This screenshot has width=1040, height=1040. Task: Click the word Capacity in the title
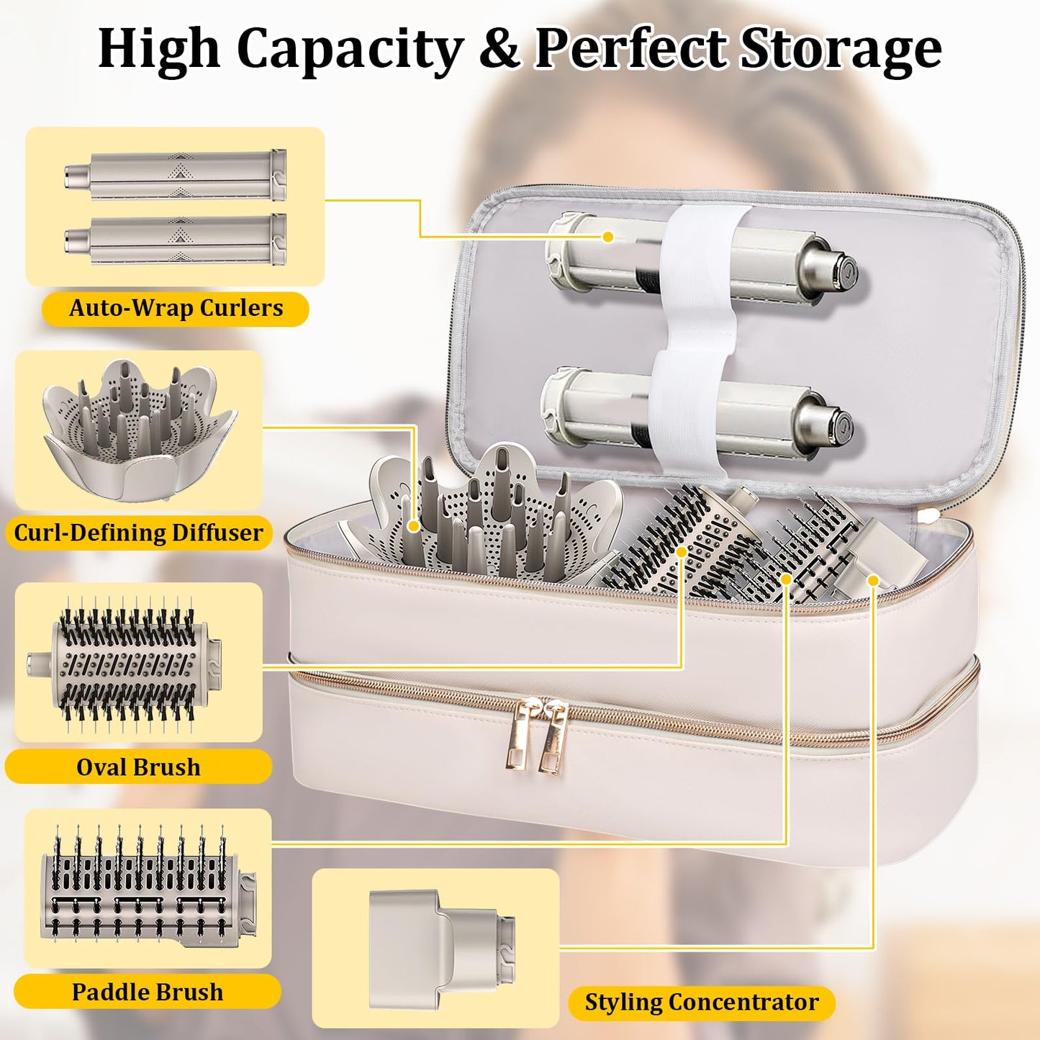click(351, 50)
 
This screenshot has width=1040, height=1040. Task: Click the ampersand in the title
click(499, 48)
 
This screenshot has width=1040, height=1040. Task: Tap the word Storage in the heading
click(840, 50)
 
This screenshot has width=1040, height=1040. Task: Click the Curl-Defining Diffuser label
click(139, 533)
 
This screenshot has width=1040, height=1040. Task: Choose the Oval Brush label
click(138, 767)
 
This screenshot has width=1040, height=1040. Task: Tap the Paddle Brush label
click(148, 992)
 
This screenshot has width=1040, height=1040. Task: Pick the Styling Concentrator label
click(702, 1003)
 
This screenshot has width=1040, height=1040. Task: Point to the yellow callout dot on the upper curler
click(608, 236)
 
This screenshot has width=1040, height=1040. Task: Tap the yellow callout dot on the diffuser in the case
click(414, 525)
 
